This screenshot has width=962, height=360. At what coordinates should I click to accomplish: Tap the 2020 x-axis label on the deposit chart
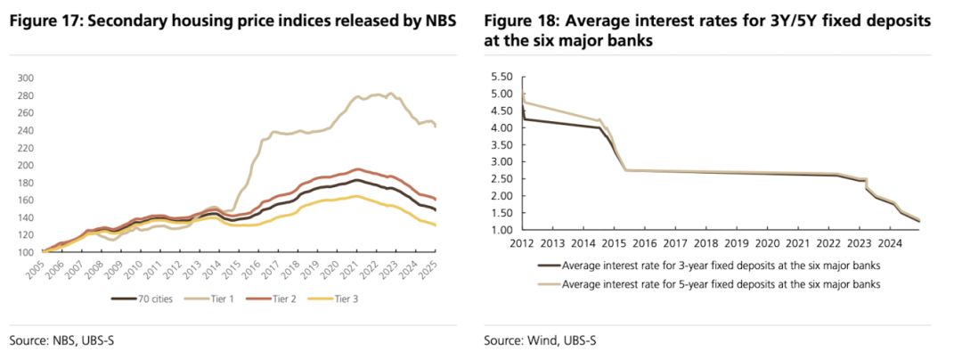[765, 242]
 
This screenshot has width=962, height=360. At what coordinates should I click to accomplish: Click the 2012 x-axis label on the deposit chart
[522, 242]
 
